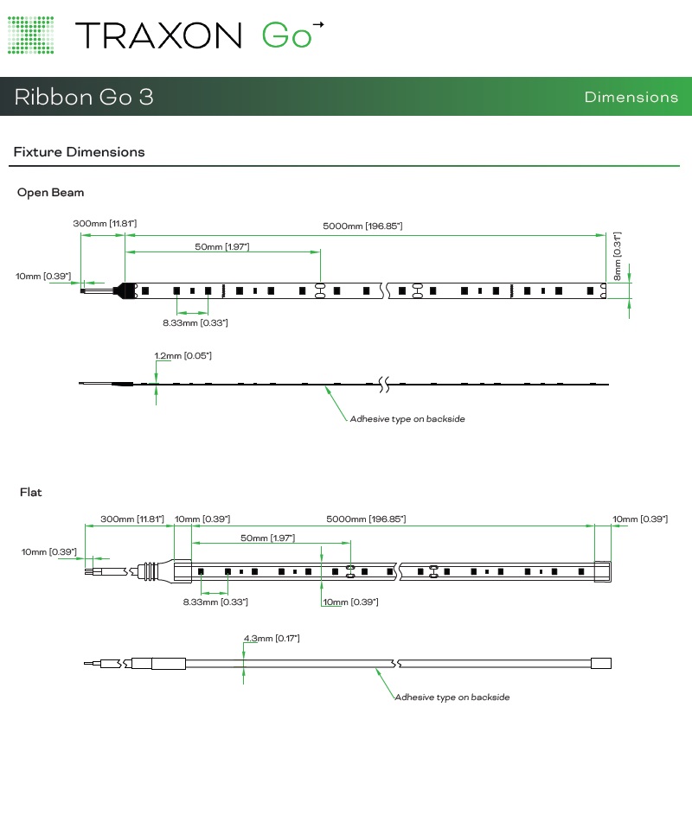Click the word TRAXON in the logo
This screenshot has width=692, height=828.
coord(158,35)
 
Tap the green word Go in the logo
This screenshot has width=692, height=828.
coord(286,35)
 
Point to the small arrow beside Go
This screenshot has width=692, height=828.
coord(318,25)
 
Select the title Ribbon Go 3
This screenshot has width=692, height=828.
coord(84,97)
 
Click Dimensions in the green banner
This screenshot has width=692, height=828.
coord(631,97)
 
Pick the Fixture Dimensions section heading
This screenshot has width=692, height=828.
coord(79,152)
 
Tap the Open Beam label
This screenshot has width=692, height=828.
coord(51,193)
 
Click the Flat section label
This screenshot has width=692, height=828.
coord(31,493)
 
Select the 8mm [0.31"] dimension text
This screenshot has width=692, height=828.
coord(618,256)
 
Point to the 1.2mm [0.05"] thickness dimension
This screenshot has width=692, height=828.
coord(183,356)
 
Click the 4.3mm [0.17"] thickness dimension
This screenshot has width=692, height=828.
coord(272,639)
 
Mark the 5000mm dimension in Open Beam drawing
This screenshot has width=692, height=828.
coord(362,226)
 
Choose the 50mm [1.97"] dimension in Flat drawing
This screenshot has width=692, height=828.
coord(267,538)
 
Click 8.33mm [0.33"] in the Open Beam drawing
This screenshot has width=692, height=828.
coord(195,323)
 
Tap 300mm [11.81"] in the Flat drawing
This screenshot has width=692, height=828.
coord(131,519)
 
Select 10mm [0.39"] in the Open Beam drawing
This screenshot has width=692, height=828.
coord(42,277)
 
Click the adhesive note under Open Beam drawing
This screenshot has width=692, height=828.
coord(407,419)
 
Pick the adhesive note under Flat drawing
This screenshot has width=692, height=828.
coord(452,697)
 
